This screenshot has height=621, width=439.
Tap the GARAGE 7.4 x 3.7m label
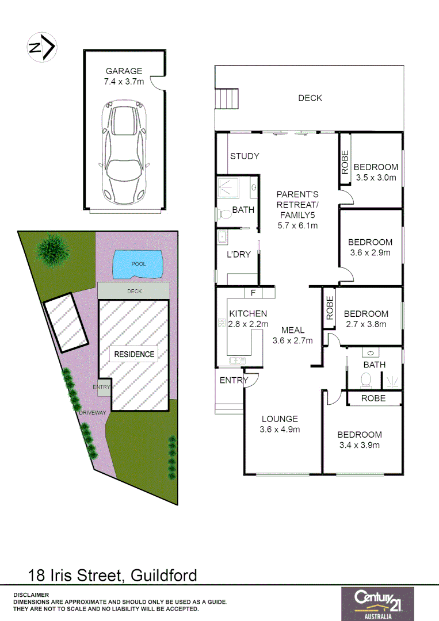pyautogui.click(x=123, y=76)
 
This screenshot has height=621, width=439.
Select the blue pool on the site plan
pyautogui.click(x=138, y=264)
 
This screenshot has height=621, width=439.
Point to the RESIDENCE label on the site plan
pyautogui.click(x=134, y=354)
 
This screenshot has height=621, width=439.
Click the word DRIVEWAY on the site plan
pyautogui.click(x=93, y=413)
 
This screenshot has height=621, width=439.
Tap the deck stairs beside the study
pyautogui.click(x=227, y=99)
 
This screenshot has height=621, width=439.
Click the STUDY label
pyautogui.click(x=245, y=156)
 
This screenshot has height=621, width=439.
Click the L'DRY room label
pyautogui.click(x=239, y=254)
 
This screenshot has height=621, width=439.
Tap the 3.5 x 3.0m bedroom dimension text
pyautogui.click(x=376, y=178)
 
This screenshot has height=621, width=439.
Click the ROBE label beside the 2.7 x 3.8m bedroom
pyautogui.click(x=330, y=308)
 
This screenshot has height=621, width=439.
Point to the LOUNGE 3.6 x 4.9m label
pyautogui.click(x=280, y=424)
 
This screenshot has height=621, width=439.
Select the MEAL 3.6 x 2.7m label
pyautogui.click(x=292, y=335)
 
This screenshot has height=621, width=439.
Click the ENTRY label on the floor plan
pyautogui.click(x=234, y=380)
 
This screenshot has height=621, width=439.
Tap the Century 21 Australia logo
pyautogui.click(x=377, y=604)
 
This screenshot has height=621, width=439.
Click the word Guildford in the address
pyautogui.click(x=164, y=575)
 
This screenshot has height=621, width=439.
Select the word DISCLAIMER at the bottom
pyautogui.click(x=31, y=595)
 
